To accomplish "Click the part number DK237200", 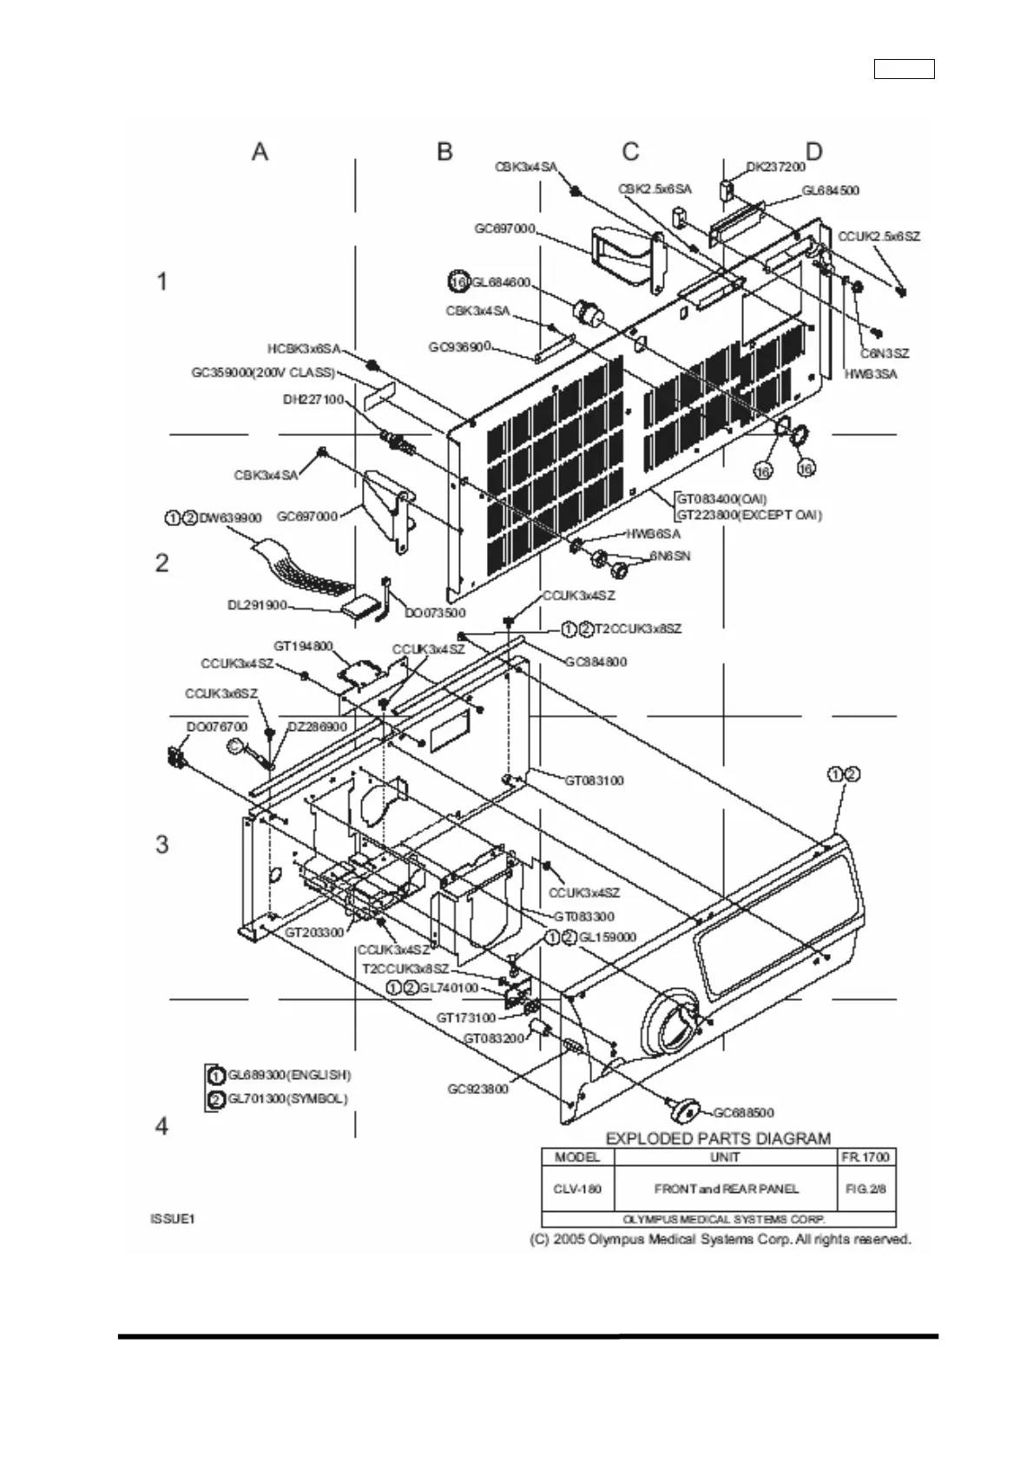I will point(776,167).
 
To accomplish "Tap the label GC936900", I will point(459,347).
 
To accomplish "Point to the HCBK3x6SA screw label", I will point(303,349).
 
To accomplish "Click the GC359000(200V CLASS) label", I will point(262,372).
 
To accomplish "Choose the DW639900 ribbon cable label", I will point(230,518).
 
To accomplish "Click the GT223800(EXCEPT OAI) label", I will point(749,515).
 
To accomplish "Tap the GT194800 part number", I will point(303,647).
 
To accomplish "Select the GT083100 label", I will point(594,780).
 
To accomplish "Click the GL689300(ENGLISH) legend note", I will point(289,1075).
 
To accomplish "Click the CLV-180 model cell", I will point(577,1189).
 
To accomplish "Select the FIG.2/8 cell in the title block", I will point(865,1189).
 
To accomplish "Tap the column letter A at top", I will point(260,152).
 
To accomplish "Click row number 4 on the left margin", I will point(161,1127).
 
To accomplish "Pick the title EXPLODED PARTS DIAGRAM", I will point(717,1138).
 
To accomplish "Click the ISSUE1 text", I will point(172,1219).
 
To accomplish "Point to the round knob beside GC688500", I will point(685,1108).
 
